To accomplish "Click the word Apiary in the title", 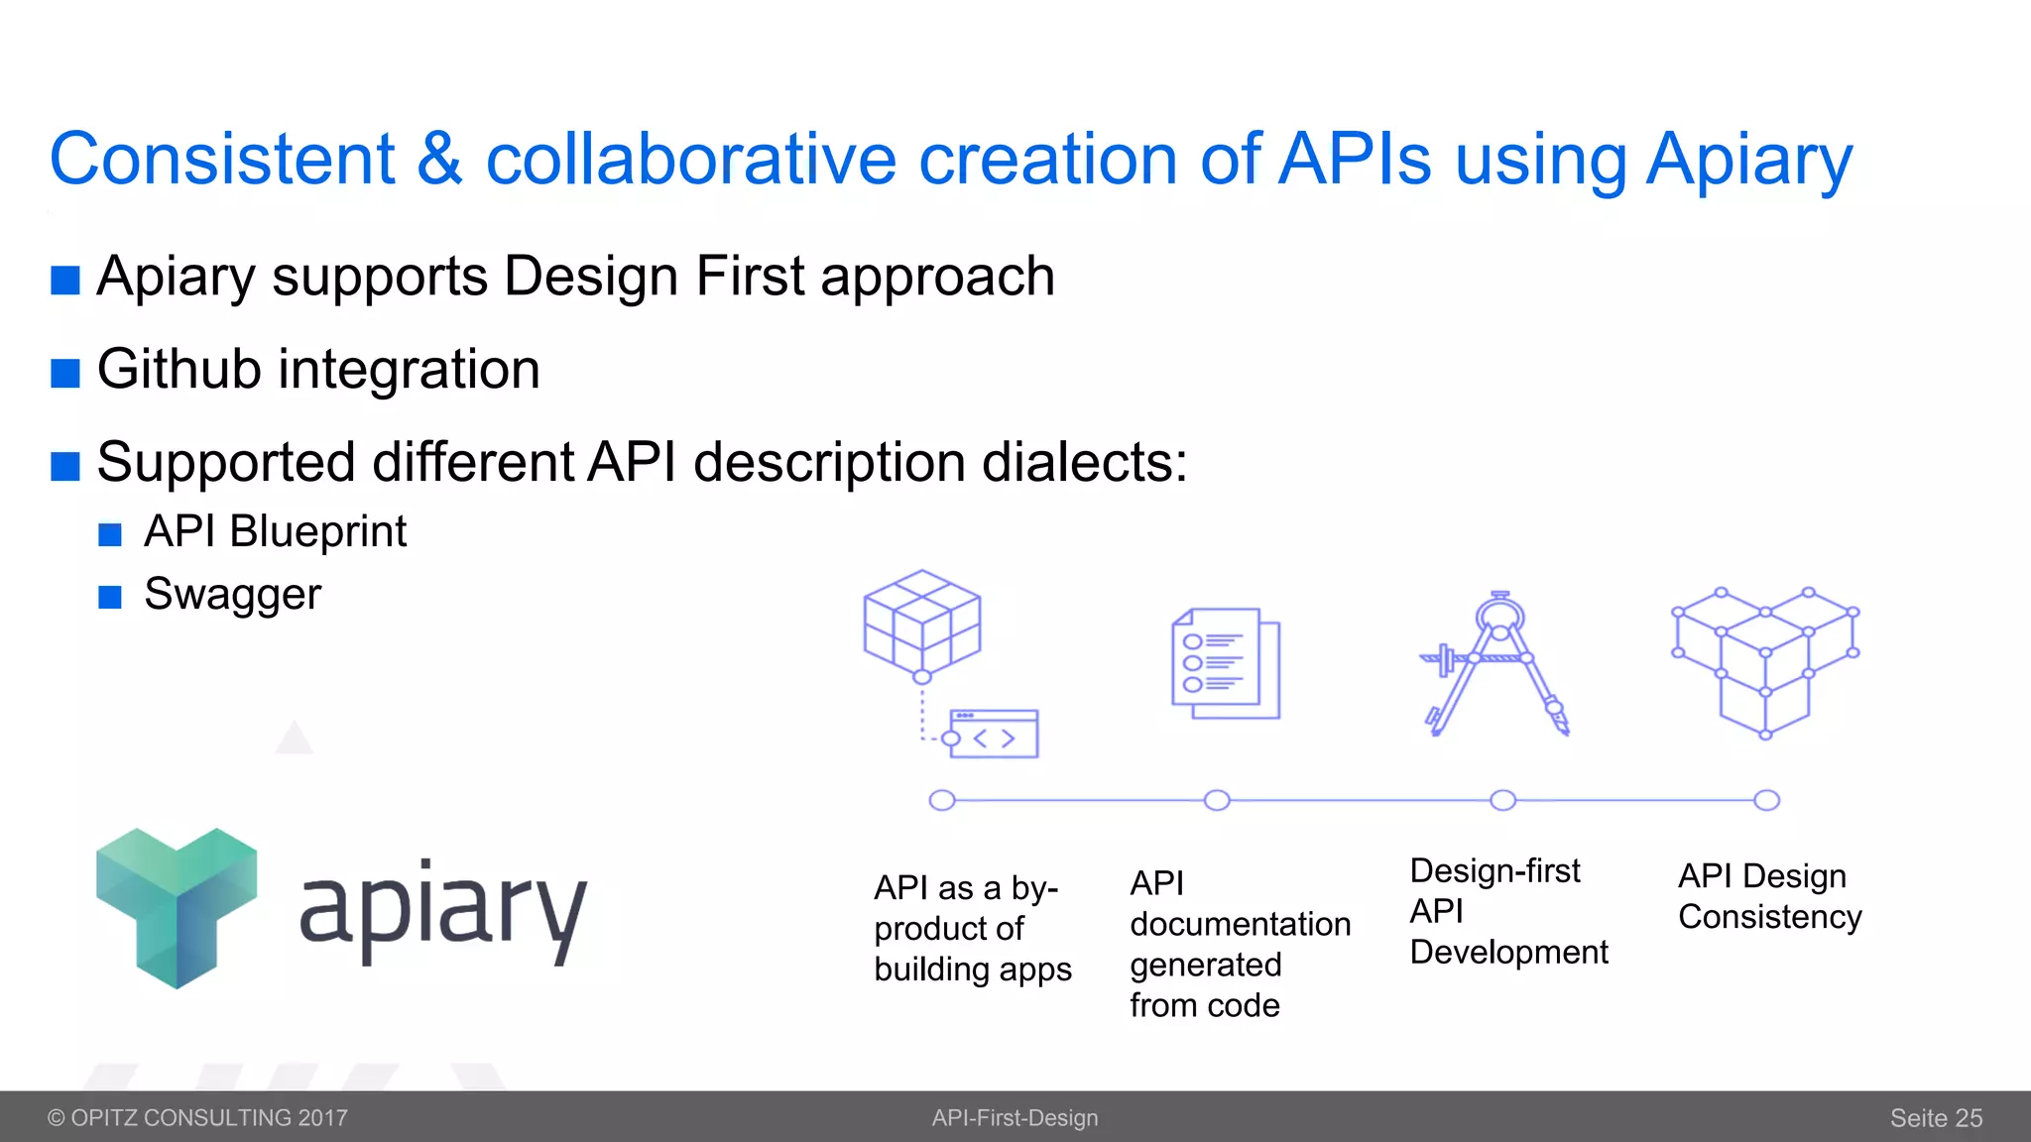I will [1748, 161].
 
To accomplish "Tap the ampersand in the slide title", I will [439, 161].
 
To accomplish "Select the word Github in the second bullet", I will [179, 370].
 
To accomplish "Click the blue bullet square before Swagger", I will [110, 597].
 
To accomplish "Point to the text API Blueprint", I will [275, 532].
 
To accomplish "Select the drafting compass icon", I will [1496, 664].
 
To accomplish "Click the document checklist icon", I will [1226, 664].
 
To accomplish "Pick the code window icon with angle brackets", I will [993, 735].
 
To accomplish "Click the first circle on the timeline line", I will [942, 800].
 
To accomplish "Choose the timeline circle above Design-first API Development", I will [1503, 800].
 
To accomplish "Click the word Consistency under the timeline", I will [1769, 917].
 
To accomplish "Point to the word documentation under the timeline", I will [1240, 924].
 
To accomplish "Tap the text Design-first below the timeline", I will [1494, 871].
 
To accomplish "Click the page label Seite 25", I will [1935, 1118].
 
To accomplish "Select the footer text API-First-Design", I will [1015, 1118].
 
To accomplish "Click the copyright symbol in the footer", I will [57, 1118].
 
